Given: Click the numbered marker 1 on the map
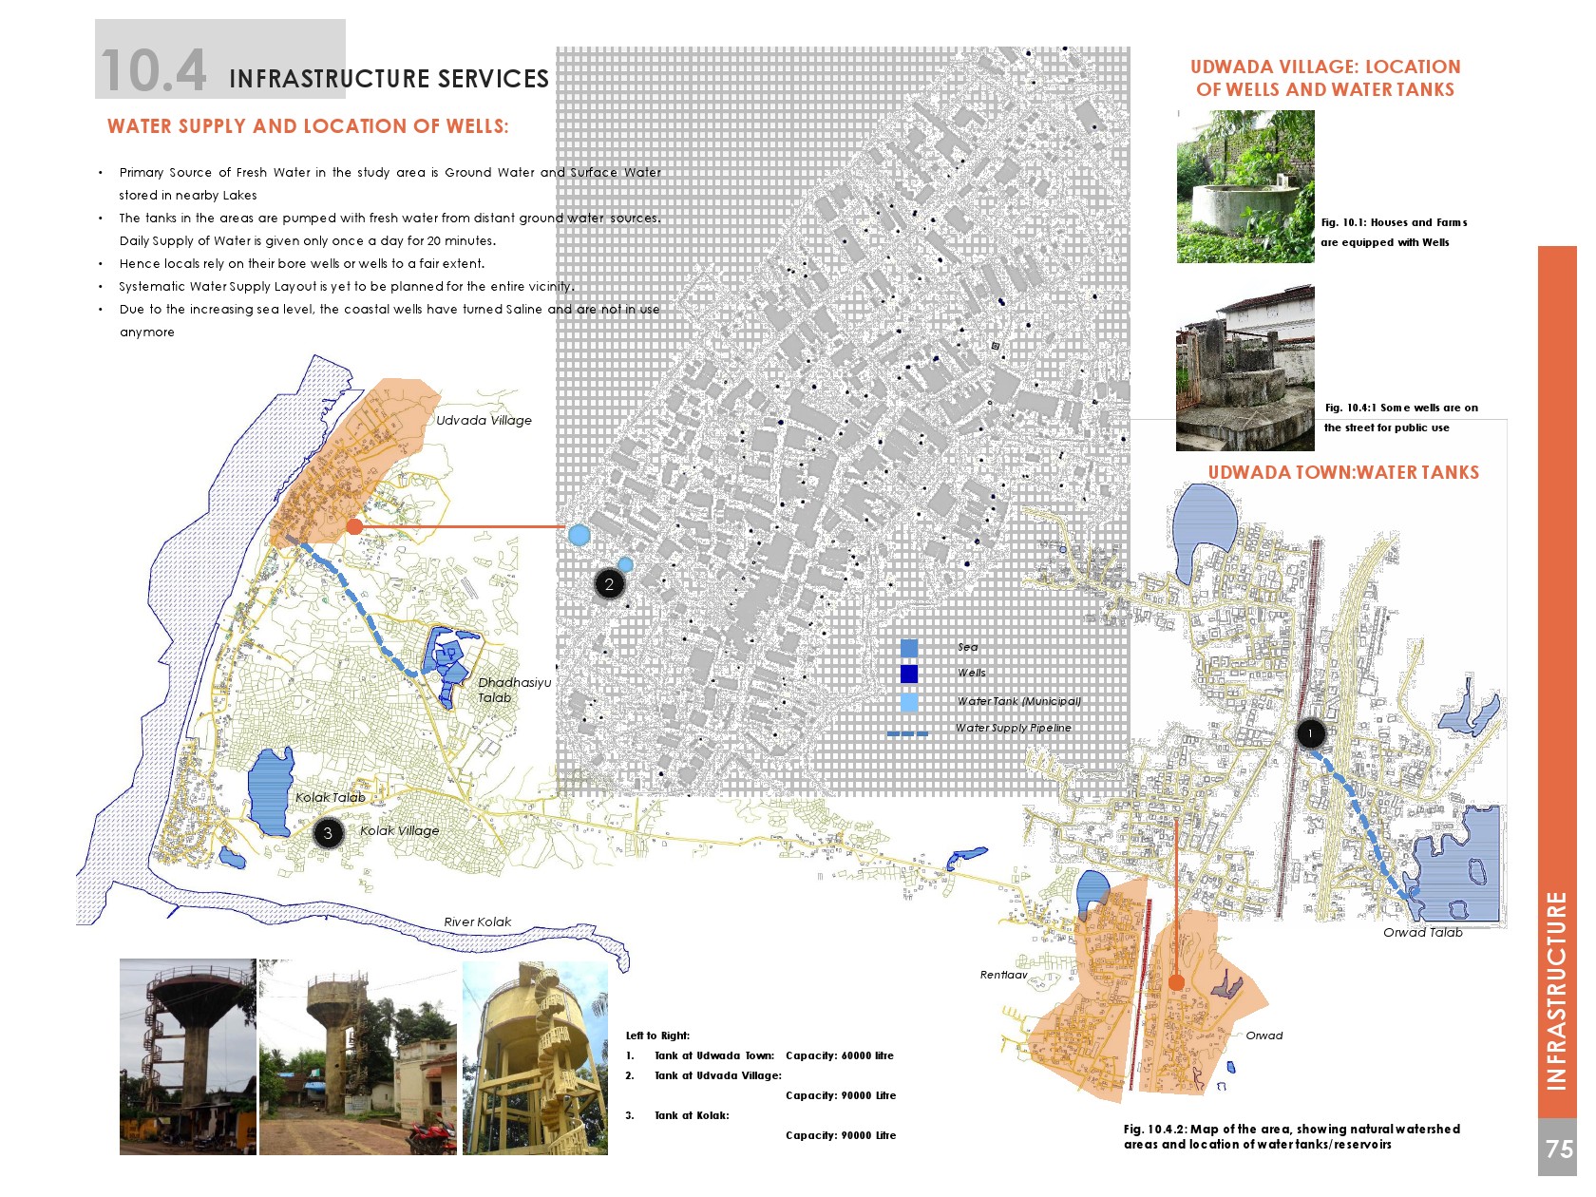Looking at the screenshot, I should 1310,733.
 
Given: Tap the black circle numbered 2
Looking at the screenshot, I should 609,584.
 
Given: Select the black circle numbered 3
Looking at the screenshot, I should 328,834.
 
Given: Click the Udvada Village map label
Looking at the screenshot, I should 484,421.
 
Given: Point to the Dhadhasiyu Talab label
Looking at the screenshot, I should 513,690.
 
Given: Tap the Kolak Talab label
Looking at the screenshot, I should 330,798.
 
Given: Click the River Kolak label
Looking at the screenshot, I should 477,922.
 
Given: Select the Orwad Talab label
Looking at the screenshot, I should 1422,933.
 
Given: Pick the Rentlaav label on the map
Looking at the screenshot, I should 1003,976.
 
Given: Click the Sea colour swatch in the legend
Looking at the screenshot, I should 909,648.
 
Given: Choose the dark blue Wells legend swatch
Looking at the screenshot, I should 909,674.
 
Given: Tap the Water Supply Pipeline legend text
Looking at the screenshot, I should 1013,729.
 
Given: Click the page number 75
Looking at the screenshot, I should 1558,1149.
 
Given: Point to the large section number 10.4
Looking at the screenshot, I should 153,71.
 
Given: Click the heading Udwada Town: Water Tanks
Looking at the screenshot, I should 1342,473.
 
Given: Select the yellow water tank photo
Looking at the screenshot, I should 535,1057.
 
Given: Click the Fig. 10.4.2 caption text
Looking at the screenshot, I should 1291,1136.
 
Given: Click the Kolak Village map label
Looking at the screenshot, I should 399,831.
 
